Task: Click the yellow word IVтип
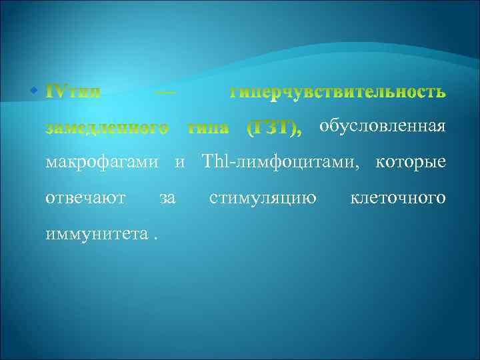tap(73, 92)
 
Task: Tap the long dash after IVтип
tap(165, 92)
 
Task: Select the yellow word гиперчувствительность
tap(337, 92)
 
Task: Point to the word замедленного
tap(106, 128)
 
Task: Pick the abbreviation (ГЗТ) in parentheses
tap(273, 128)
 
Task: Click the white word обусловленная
tap(382, 127)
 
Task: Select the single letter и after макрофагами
tap(179, 162)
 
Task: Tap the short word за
tap(168, 198)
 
